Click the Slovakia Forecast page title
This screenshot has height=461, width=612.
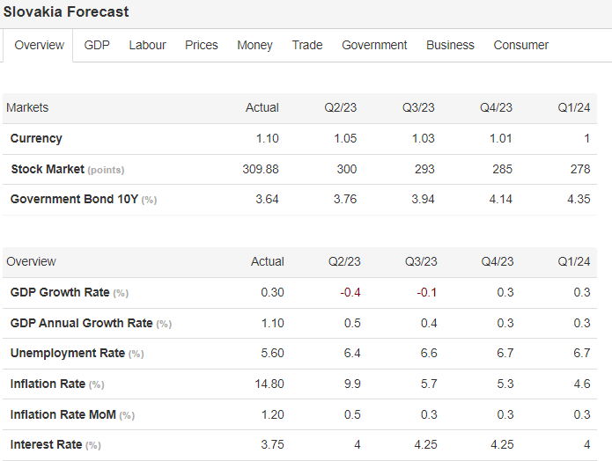[x=66, y=12]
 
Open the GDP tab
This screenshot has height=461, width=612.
[x=97, y=45]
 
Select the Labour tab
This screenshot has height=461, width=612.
[x=147, y=45]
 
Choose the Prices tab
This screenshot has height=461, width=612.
[x=202, y=45]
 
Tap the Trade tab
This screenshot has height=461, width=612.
[x=307, y=45]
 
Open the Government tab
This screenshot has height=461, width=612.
[x=374, y=45]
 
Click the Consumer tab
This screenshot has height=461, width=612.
[x=520, y=45]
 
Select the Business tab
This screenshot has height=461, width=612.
[x=450, y=45]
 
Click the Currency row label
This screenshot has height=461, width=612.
[x=36, y=138]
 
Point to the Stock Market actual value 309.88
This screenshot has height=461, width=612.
[x=261, y=169]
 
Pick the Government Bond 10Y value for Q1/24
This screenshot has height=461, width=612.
[x=579, y=199]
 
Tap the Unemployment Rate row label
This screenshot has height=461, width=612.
[x=68, y=353]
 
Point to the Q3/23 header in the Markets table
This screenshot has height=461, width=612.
[x=418, y=107]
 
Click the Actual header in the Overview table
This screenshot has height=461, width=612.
[x=268, y=261]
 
